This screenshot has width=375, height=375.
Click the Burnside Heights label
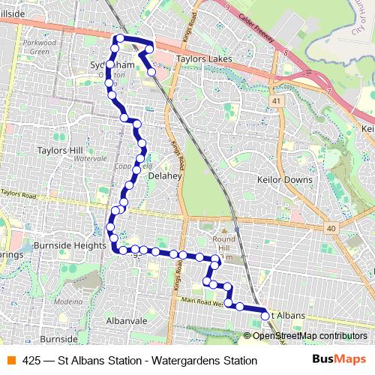point(69,245)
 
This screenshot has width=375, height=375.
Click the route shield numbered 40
point(330,229)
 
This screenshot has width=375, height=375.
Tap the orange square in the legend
point(11,361)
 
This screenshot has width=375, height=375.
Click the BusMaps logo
point(340,360)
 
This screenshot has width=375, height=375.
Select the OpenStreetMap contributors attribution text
point(310,336)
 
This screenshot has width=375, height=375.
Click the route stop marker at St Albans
point(265,317)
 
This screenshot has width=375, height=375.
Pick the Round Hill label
point(223,247)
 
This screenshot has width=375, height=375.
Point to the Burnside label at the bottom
point(59,339)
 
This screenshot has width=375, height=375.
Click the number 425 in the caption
point(32,361)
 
